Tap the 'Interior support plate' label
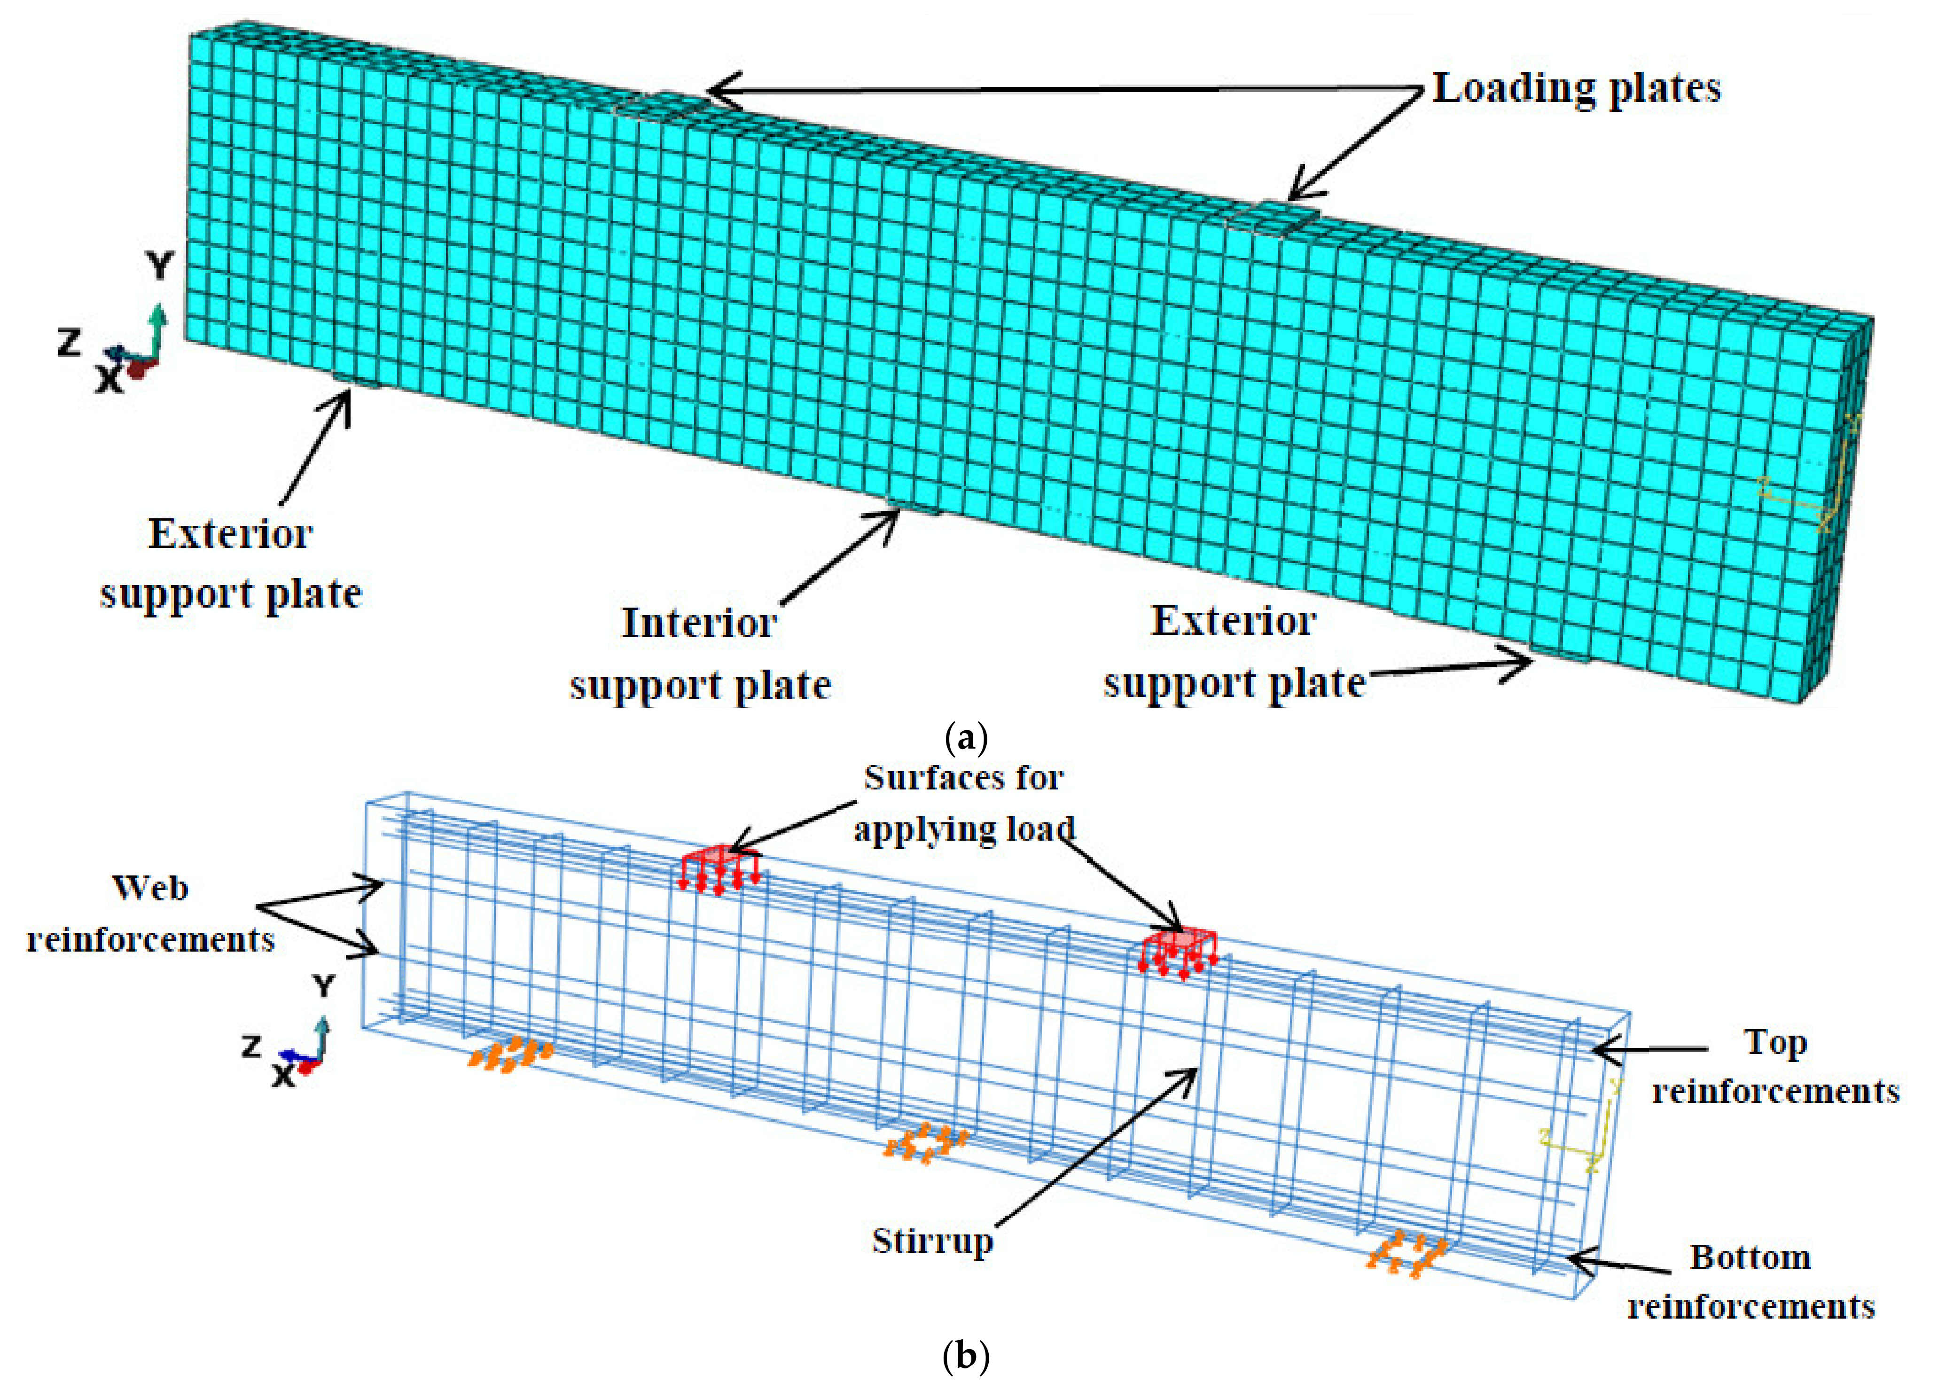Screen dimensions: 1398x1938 700,654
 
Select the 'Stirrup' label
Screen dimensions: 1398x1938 932,1241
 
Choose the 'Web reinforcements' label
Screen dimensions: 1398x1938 150,914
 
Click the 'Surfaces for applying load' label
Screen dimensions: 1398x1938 964,803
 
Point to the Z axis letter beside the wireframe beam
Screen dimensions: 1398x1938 250,1045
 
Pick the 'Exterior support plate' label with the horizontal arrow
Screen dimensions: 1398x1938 1234,652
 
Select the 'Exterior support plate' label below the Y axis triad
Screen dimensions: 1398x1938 231,563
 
